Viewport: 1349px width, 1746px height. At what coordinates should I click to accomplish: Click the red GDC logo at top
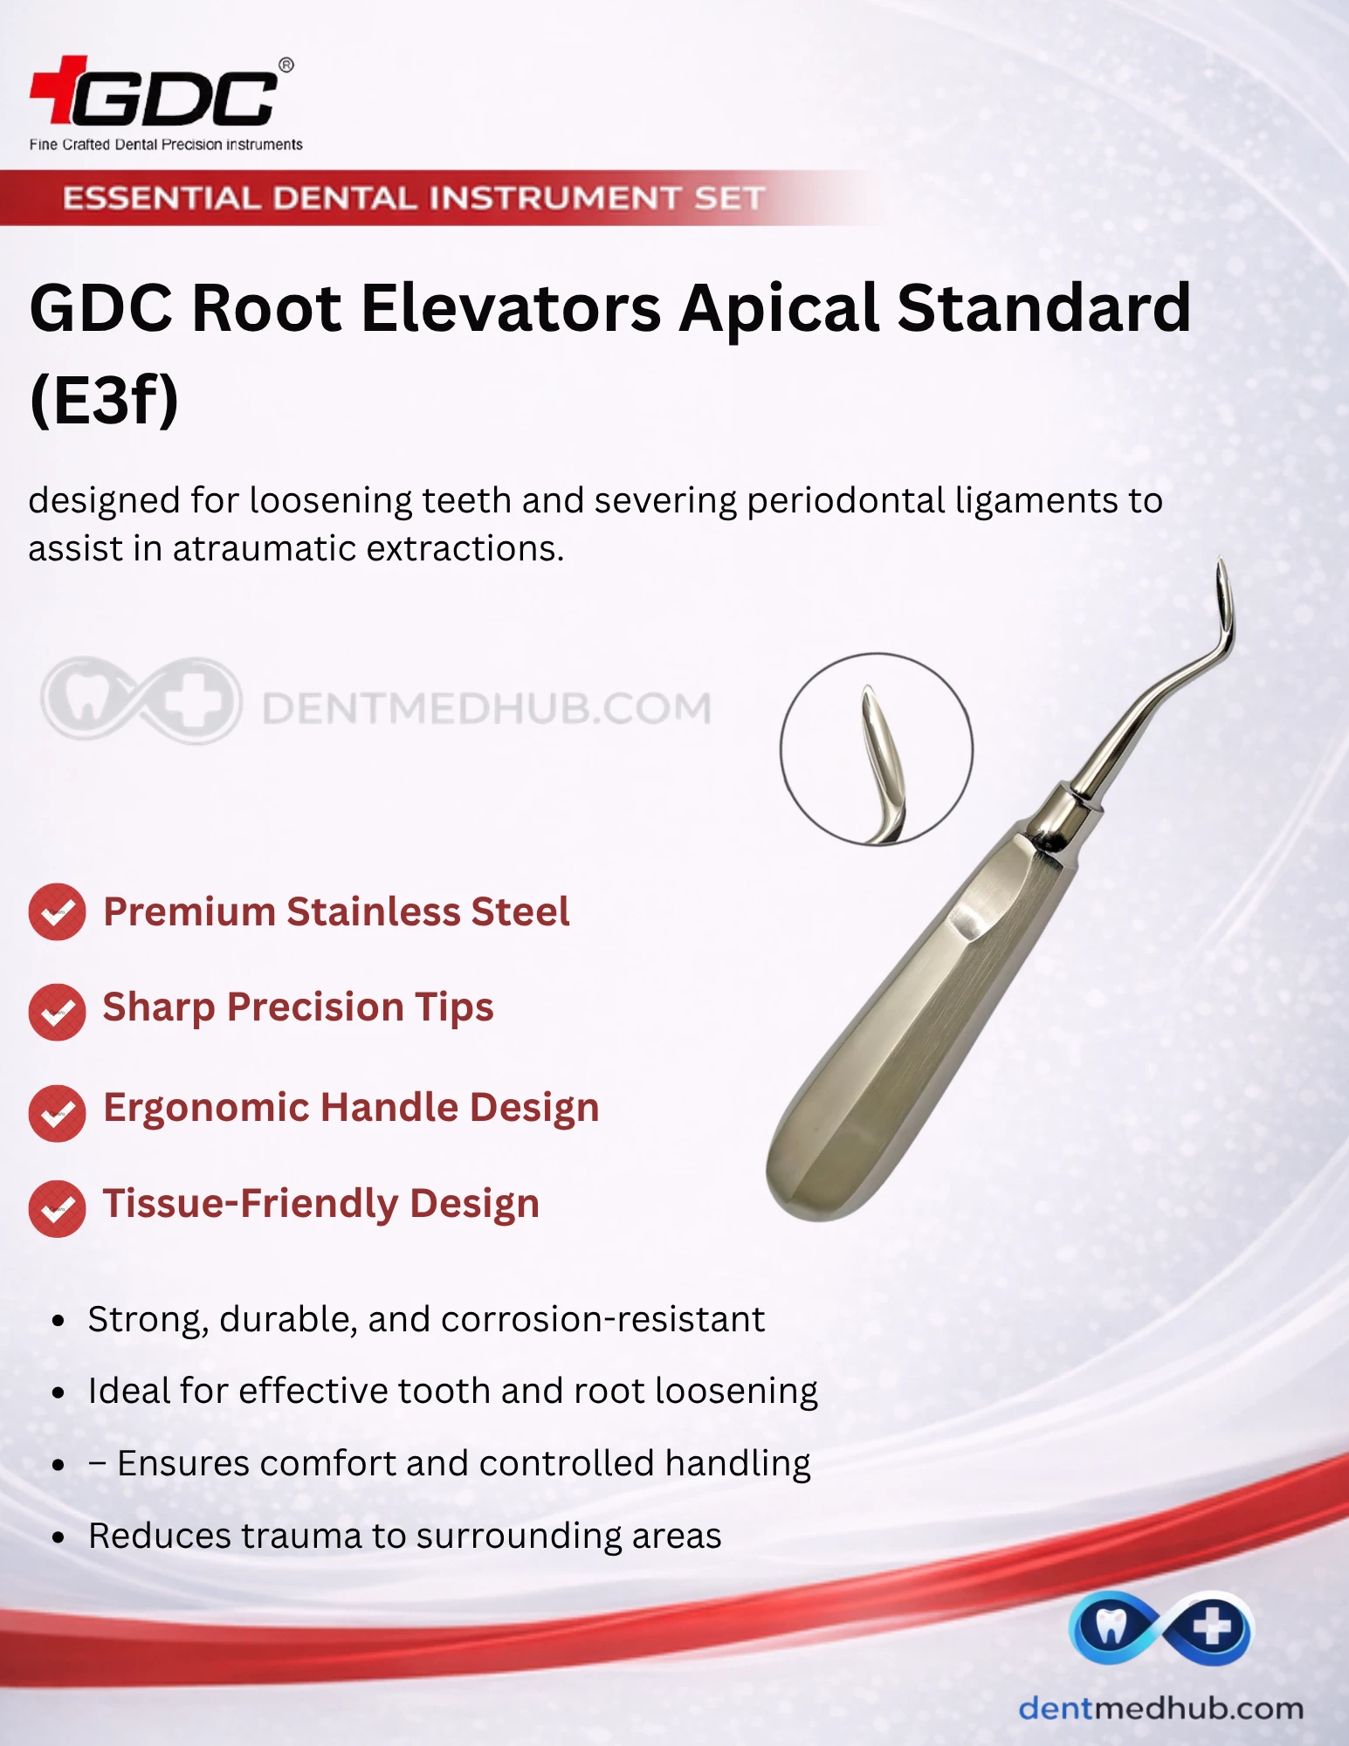click(154, 91)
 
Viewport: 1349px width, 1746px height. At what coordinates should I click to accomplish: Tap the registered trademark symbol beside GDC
click(286, 65)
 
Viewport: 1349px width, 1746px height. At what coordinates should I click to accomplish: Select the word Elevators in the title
click(512, 308)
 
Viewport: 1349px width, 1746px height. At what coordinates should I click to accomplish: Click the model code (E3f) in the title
click(104, 401)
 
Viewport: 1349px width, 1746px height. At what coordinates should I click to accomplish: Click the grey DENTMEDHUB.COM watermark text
click(487, 708)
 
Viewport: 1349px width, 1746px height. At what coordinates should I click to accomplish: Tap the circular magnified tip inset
click(876, 749)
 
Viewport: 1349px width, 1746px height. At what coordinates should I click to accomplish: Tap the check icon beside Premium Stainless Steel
click(57, 912)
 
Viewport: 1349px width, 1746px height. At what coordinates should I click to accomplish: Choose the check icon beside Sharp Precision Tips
click(57, 1012)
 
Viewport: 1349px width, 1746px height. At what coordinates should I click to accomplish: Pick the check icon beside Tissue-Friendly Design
click(57, 1209)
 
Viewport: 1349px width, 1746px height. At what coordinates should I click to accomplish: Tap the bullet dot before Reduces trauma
click(59, 1536)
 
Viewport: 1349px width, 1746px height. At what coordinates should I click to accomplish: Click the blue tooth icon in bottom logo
click(1110, 1627)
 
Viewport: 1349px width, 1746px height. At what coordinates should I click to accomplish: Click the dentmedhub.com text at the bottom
click(1161, 1708)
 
